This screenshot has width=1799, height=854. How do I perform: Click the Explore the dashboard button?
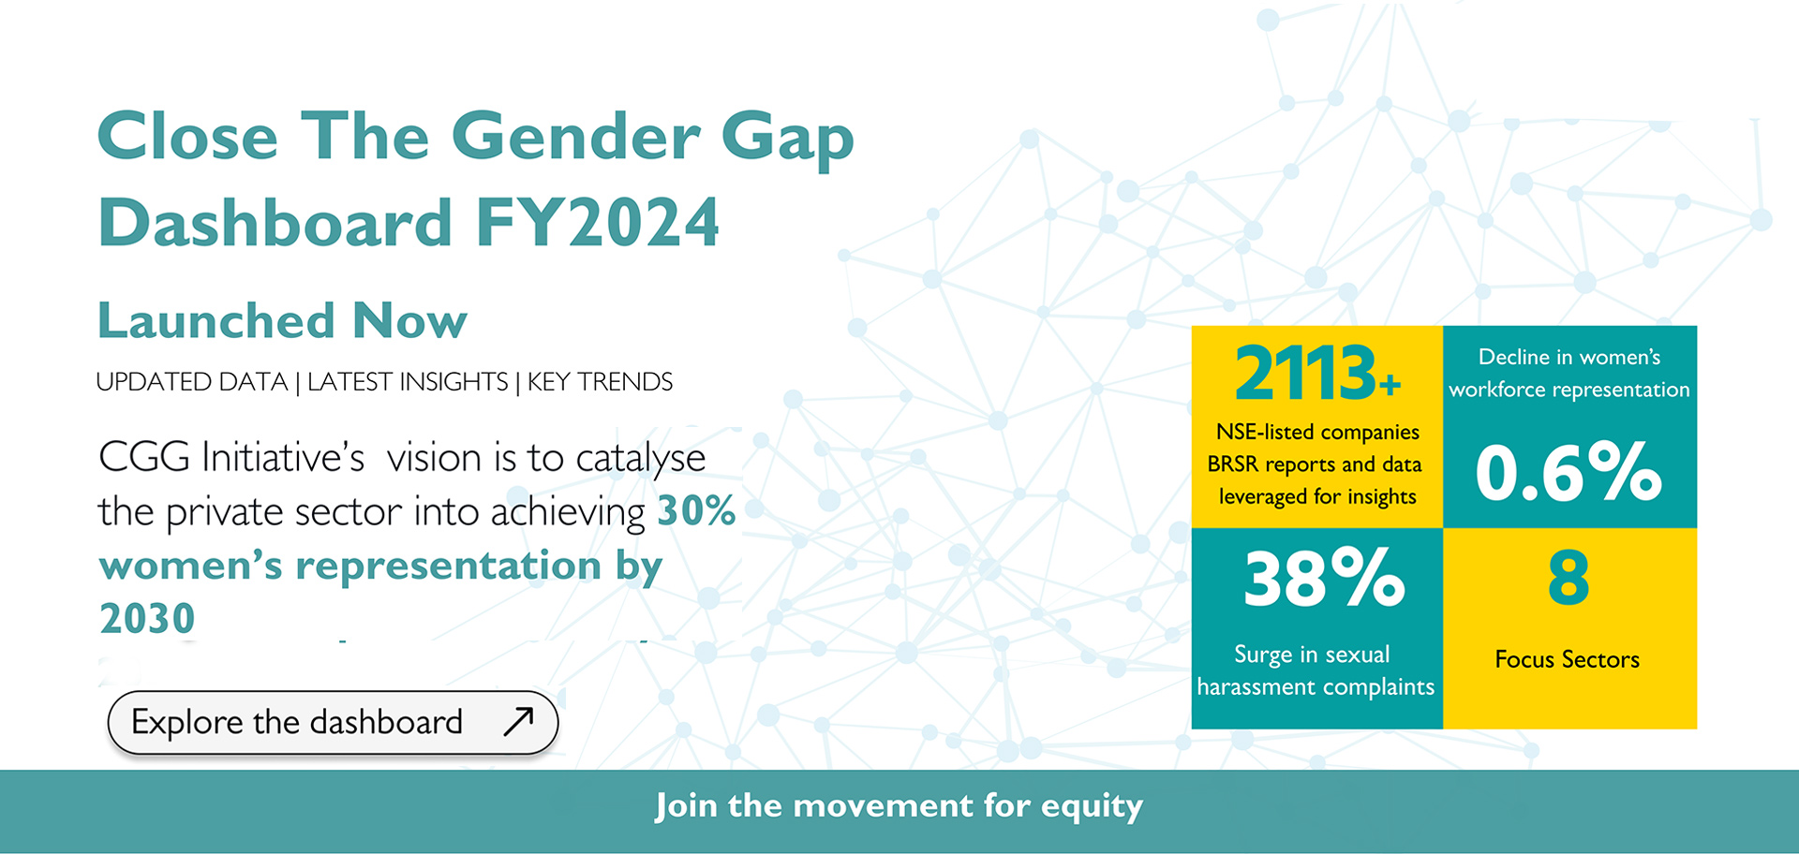click(333, 722)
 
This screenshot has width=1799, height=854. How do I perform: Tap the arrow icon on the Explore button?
click(518, 721)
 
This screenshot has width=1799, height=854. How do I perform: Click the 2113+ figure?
click(1317, 373)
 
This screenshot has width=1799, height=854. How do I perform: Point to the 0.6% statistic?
click(1569, 470)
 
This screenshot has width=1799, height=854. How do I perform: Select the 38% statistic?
click(1324, 578)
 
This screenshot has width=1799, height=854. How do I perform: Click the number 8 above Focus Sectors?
click(1569, 578)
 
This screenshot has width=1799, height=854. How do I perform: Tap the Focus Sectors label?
click(1567, 659)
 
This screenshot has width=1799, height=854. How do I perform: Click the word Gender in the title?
click(575, 137)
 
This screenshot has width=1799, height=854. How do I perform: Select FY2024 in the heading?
click(597, 223)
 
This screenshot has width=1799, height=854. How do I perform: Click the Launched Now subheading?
click(282, 320)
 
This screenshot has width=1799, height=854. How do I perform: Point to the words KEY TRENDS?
click(600, 382)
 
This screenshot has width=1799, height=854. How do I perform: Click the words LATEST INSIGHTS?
click(408, 382)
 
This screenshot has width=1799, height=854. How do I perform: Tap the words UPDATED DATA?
click(191, 382)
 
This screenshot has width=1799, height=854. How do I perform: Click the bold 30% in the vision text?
click(696, 510)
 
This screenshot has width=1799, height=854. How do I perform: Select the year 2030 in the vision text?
click(147, 618)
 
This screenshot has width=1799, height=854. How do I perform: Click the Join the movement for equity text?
click(899, 806)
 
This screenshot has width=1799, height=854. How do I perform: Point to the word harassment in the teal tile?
click(1256, 686)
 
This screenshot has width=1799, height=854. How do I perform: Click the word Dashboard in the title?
click(275, 223)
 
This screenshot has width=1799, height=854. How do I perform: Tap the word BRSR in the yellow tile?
click(1232, 464)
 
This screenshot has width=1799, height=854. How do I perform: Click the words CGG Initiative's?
click(231, 458)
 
